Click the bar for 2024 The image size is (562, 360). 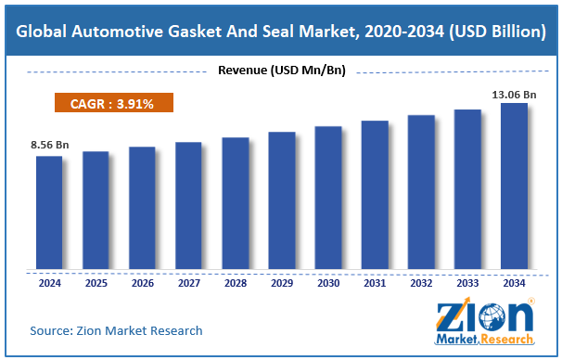(49, 213)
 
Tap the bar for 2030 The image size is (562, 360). (328, 199)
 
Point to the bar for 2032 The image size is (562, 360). (421, 193)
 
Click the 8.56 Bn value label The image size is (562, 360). (49, 146)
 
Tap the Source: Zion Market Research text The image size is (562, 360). (116, 330)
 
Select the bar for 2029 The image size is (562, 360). (282, 201)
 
